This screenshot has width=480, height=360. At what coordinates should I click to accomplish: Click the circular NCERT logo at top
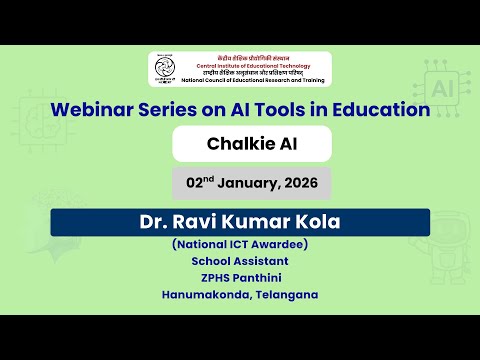click(x=167, y=68)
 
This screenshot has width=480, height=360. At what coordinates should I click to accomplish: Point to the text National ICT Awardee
click(x=239, y=244)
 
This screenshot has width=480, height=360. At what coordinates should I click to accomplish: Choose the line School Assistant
click(x=239, y=260)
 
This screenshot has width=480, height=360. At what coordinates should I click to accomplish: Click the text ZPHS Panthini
click(x=239, y=277)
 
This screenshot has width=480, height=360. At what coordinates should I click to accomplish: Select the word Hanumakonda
click(x=203, y=294)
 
